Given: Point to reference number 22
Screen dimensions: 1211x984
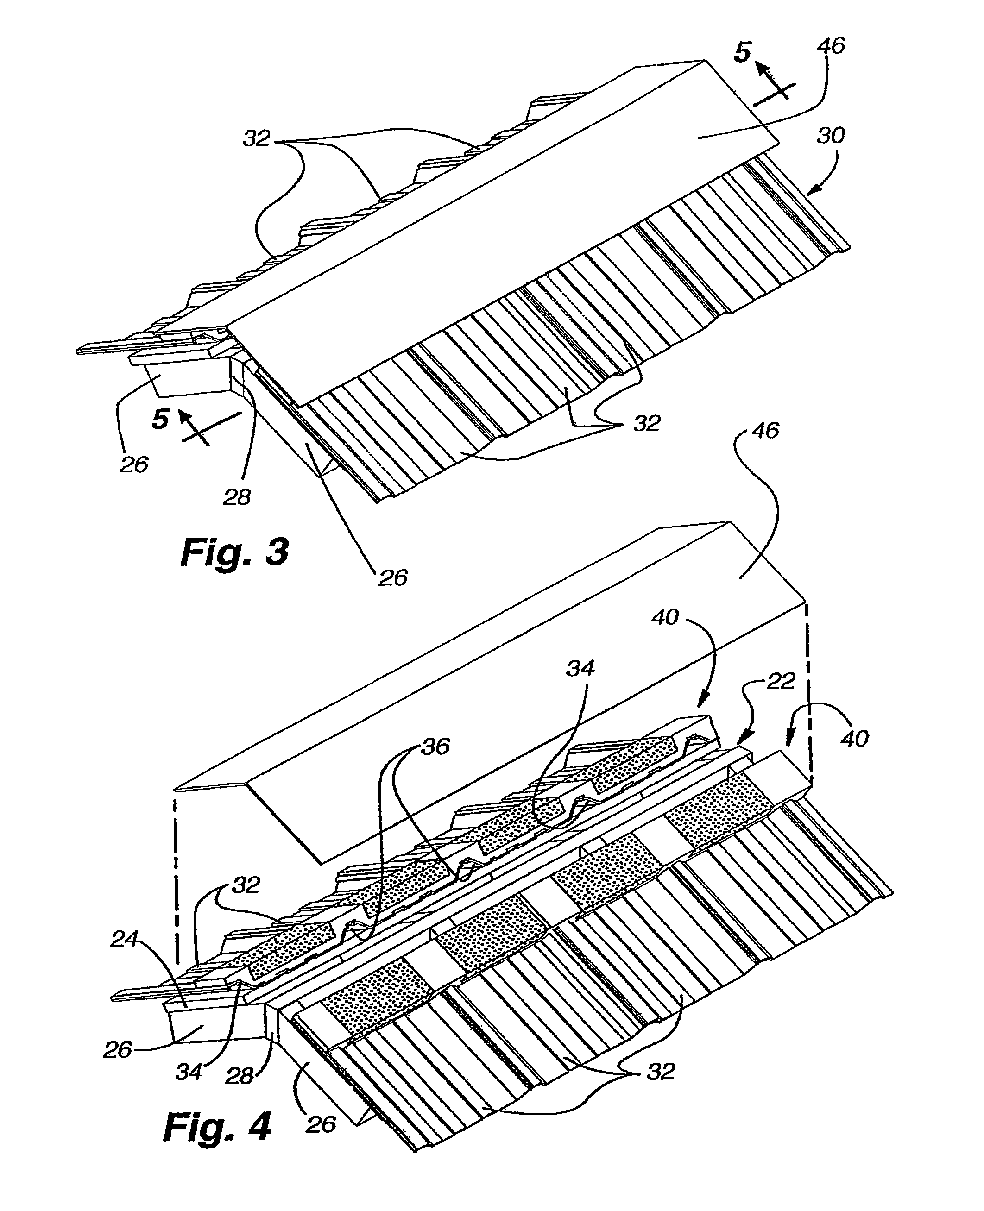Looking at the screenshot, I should (780, 681).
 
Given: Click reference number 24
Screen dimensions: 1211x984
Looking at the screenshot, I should (124, 939).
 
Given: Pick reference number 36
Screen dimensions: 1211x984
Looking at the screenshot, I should (436, 747).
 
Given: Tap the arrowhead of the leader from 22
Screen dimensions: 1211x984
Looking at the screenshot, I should (738, 742).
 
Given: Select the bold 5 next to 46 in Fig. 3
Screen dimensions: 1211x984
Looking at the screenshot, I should (742, 53).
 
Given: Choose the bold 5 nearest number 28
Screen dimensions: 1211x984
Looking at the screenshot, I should (160, 420).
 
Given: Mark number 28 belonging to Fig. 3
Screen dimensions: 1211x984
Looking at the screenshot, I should (237, 497).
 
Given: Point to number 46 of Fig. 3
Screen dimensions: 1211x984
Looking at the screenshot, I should (831, 45).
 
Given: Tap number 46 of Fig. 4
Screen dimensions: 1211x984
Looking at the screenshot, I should (765, 431).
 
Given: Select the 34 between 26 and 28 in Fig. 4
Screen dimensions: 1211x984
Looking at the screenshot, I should (189, 1072).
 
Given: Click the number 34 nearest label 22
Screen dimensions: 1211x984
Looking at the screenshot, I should (580, 668).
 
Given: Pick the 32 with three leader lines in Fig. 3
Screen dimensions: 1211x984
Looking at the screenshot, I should (256, 138).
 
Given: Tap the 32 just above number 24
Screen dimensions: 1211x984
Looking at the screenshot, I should (246, 885).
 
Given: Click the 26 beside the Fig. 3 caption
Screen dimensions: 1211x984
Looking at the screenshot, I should (393, 577).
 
